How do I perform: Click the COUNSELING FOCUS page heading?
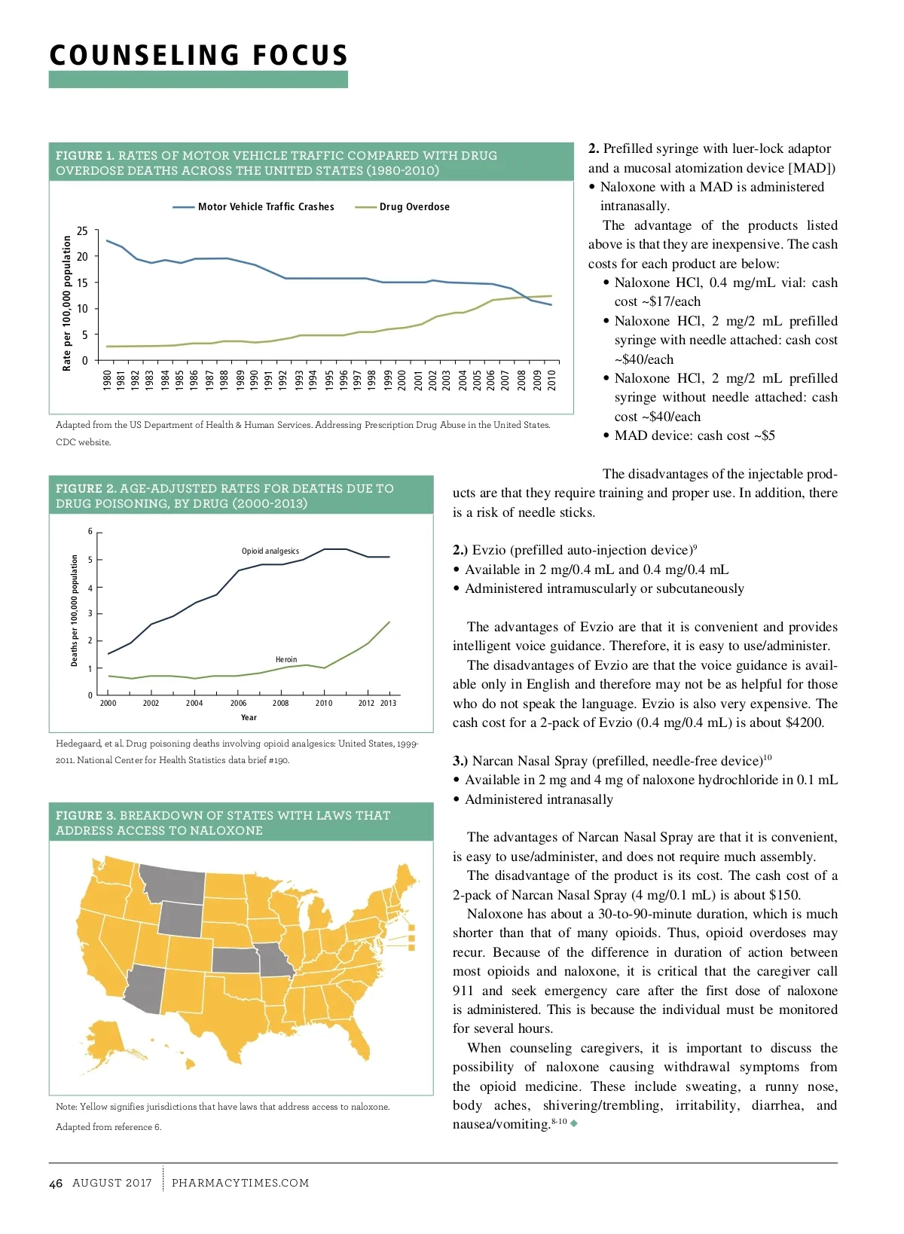(199, 56)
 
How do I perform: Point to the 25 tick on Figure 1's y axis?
(82, 231)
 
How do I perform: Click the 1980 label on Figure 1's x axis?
(107, 379)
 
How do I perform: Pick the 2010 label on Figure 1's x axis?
(551, 379)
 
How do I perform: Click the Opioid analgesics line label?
(270, 551)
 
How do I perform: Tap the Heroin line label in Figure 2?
(286, 660)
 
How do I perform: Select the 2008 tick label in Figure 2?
(280, 704)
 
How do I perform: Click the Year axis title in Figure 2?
(249, 718)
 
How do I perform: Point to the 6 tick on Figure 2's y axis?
(90, 532)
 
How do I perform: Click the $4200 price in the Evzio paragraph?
(804, 723)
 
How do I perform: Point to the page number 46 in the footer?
(56, 1184)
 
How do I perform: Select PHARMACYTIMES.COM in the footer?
(240, 1184)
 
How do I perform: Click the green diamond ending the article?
(575, 1125)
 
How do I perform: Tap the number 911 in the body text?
(463, 991)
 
